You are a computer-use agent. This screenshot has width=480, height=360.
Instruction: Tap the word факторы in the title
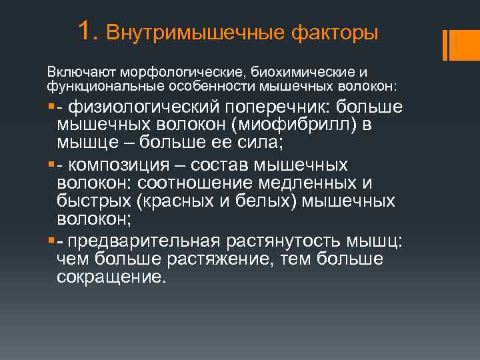click(335, 33)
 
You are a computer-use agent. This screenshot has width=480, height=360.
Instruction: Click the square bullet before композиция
click(51, 165)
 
